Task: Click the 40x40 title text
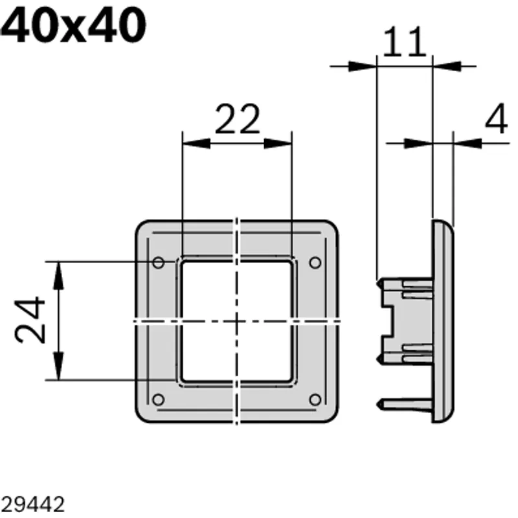pyautogui.click(x=73, y=25)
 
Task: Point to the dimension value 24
pyautogui.click(x=30, y=320)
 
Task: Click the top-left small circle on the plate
pyautogui.click(x=159, y=263)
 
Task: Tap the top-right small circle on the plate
pyautogui.click(x=315, y=263)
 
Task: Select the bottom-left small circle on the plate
pyautogui.click(x=159, y=400)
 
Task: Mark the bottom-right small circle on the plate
pyautogui.click(x=315, y=400)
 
